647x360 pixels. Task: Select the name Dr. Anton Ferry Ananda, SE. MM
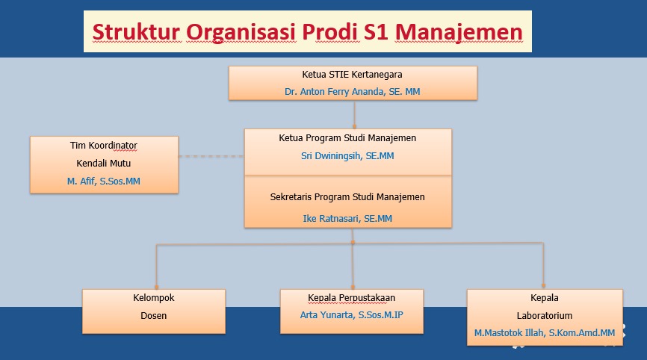352,90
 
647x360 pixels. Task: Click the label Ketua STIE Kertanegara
352,75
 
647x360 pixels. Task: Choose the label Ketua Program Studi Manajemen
347,138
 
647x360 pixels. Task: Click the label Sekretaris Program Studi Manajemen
347,197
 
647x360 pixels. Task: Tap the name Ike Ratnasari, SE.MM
347,219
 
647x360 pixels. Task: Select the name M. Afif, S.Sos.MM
104,181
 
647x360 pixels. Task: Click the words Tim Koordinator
104,146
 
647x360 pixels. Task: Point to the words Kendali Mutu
104,163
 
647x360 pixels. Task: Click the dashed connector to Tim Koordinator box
211,157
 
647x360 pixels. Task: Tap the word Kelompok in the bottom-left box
153,298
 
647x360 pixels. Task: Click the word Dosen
153,315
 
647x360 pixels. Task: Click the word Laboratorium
545,315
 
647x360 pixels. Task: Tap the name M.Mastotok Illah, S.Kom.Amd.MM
545,332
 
